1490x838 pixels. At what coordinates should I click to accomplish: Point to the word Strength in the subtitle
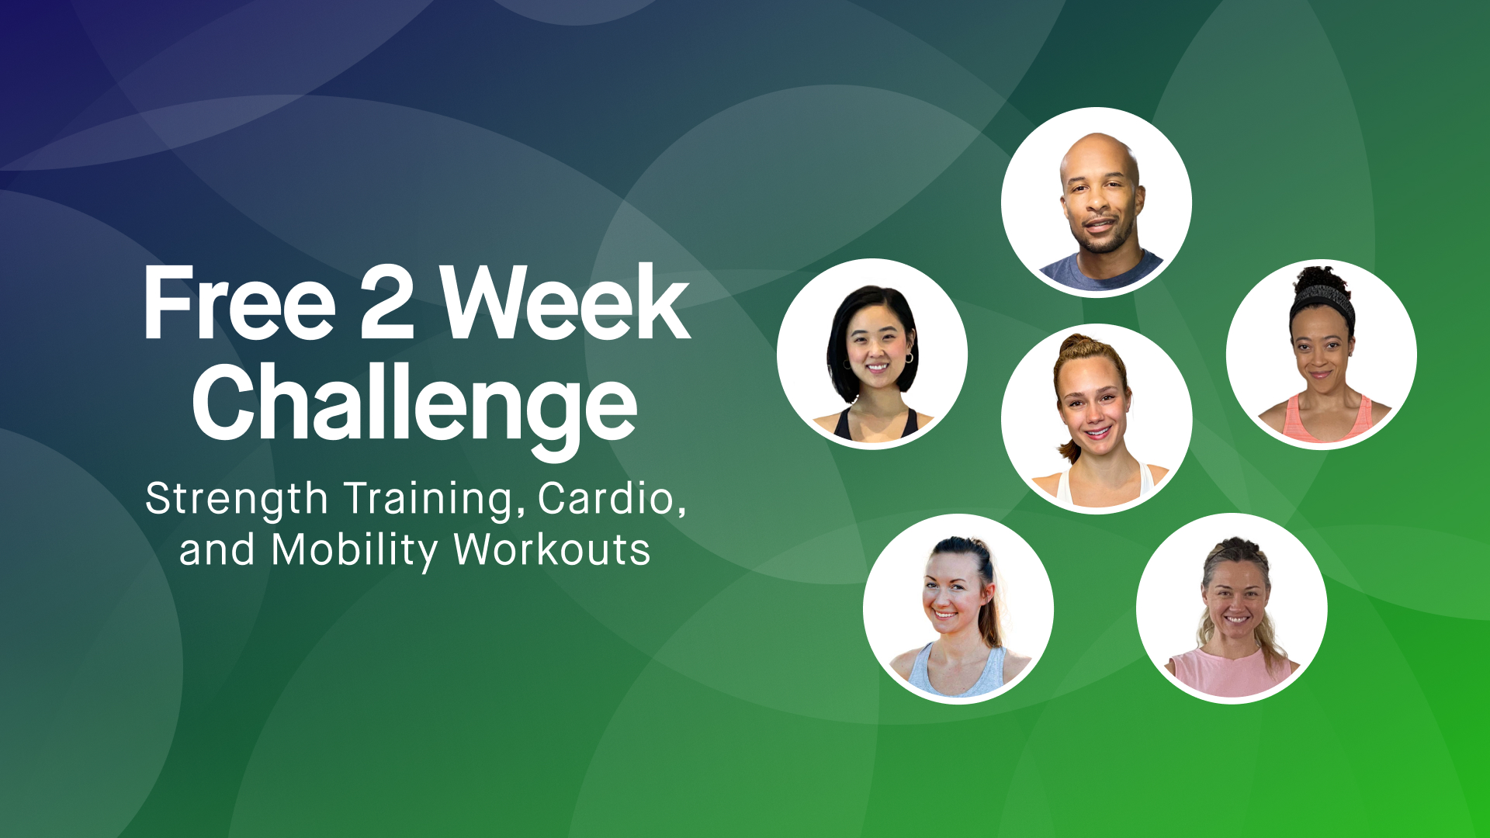click(237, 499)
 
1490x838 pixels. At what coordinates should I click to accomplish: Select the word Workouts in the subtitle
click(552, 551)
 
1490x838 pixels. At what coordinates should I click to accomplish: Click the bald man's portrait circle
click(1096, 202)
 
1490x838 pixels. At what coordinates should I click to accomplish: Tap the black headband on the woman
click(1324, 297)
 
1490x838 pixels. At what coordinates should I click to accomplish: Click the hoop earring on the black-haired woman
click(909, 358)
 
